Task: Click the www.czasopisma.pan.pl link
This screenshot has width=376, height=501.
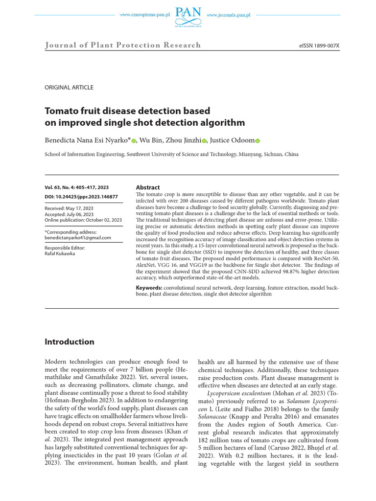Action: pos(144,15)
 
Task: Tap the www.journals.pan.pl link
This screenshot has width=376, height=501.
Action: pos(229,15)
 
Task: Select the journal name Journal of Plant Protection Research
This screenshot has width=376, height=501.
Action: pos(123,46)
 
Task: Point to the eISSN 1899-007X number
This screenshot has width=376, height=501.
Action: pos(319,46)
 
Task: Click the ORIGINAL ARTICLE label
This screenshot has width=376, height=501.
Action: pos(69,88)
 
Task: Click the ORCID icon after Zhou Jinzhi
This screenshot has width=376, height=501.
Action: pos(204,141)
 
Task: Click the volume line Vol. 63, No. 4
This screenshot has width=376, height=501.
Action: pos(77,187)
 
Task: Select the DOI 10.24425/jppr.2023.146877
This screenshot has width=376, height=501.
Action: pos(81,196)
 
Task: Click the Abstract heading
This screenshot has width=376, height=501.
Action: pos(148,187)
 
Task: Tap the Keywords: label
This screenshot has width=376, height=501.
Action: pos(149,289)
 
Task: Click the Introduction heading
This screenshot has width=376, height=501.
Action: pos(70,342)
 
